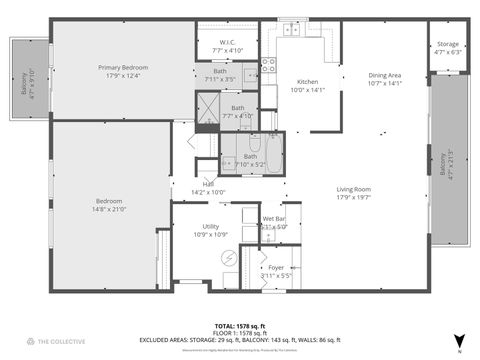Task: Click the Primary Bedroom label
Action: (x=122, y=68)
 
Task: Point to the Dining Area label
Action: (x=384, y=75)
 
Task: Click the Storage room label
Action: (x=448, y=44)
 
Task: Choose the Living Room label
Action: (x=353, y=189)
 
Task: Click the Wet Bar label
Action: (x=274, y=218)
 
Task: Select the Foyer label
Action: (x=276, y=268)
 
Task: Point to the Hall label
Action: (x=209, y=184)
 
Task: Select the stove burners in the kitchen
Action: (x=268, y=67)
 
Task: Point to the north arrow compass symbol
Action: (x=458, y=342)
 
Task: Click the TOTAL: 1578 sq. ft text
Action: (x=239, y=326)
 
